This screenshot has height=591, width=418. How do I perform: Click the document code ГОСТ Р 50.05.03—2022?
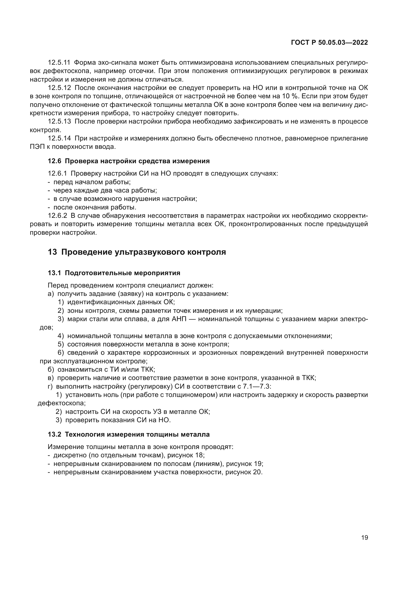pos(329,43)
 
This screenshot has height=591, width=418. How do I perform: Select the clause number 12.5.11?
pos(59,63)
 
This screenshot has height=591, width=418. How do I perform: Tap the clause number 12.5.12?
pos(59,88)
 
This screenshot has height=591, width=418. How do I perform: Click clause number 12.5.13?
pos(59,122)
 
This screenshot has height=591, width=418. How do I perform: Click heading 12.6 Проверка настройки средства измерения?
pos(129,161)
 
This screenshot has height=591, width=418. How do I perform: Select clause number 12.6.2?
pos(57,216)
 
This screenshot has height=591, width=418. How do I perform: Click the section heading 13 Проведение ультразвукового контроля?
pos(137,252)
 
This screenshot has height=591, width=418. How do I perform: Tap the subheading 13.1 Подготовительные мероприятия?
pos(114,273)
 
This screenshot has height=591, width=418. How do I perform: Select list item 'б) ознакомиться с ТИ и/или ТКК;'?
pos(101,370)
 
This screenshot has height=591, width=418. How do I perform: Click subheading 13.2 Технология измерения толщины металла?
pos(129,435)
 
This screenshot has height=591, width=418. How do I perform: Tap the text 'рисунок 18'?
pos(185,455)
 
